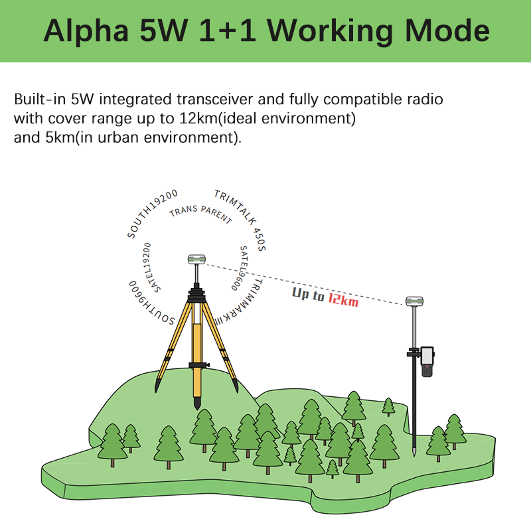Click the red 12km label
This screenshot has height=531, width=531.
(342, 299)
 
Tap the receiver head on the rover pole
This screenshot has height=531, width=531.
(414, 303)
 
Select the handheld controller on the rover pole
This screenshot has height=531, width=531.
(427, 361)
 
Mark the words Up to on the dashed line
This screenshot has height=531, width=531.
(308, 294)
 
